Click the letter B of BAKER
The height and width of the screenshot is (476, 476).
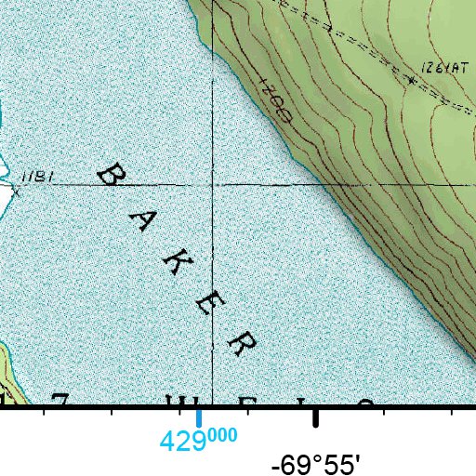click(111, 174)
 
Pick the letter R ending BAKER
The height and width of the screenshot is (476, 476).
click(242, 343)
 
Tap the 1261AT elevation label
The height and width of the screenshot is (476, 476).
click(440, 69)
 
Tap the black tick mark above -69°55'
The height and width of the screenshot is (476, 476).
click(316, 417)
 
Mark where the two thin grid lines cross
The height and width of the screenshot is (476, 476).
click(213, 184)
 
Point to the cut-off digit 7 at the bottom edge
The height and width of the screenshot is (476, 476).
click(60, 401)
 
